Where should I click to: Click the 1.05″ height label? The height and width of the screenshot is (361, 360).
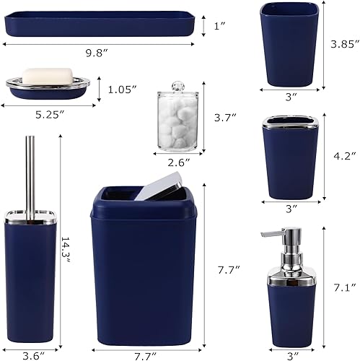click(x=122, y=90)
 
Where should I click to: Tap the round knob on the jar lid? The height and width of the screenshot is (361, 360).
click(x=176, y=87)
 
